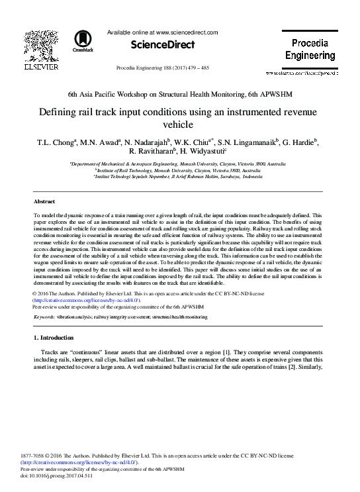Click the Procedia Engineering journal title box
pos(310,50)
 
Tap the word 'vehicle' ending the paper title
pos(180,124)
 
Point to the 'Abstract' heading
pos(44,201)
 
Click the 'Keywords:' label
pos(44,318)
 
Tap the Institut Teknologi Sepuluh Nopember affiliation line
pos(179,177)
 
